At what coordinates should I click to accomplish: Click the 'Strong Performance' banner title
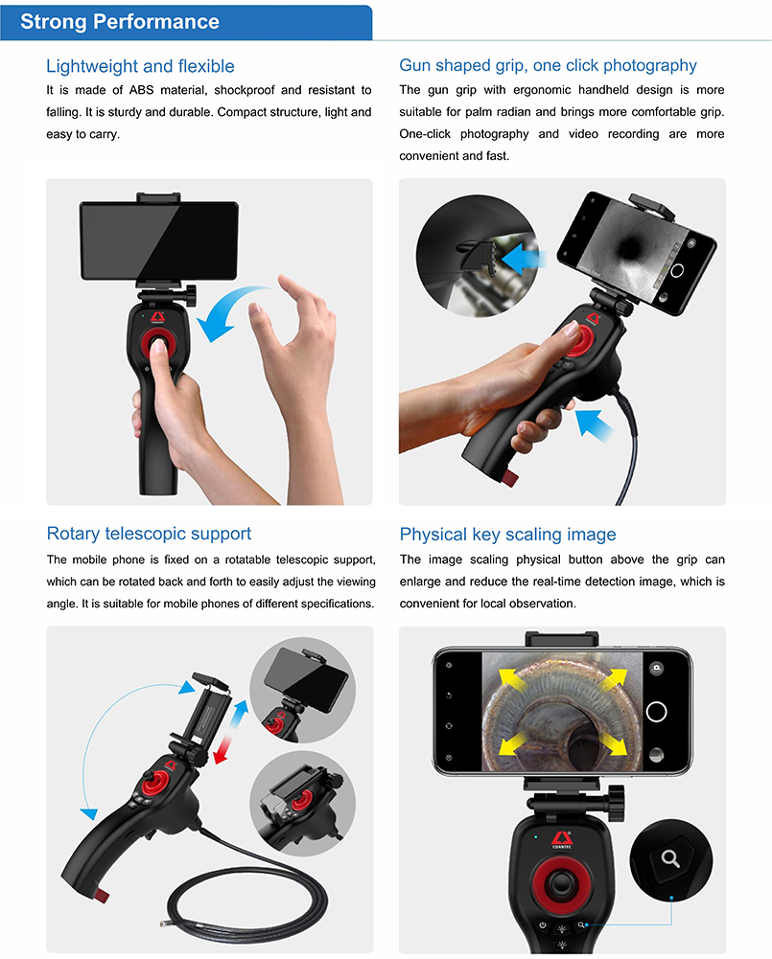[120, 21]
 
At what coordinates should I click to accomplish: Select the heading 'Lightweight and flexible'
[140, 66]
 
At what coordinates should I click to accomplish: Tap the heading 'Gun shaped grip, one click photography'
[548, 65]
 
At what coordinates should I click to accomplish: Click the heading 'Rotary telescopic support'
[149, 534]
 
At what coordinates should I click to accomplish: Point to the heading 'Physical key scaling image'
[507, 534]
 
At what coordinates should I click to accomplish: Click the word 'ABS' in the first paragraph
[141, 90]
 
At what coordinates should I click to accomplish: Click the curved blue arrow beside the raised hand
[233, 308]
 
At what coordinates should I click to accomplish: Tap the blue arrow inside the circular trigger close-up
[524, 258]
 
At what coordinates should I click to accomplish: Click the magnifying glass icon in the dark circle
[670, 858]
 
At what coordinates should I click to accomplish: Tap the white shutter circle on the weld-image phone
[656, 712]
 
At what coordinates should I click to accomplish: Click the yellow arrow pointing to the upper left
[512, 680]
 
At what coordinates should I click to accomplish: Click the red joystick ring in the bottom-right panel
[561, 883]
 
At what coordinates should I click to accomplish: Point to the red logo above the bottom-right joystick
[561, 838]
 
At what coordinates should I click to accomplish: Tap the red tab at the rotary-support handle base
[101, 896]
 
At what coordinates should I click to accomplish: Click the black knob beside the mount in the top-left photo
[191, 295]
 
